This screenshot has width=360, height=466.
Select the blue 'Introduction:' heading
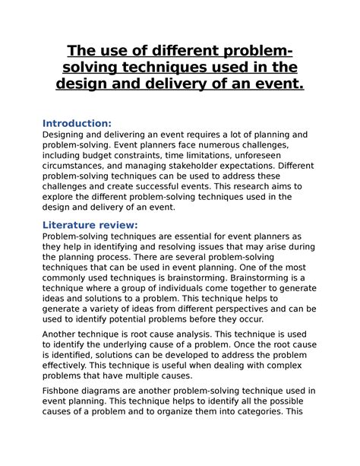click(77, 123)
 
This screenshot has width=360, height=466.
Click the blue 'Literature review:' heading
click(90, 224)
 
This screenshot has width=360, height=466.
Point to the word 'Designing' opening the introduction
click(68, 135)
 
